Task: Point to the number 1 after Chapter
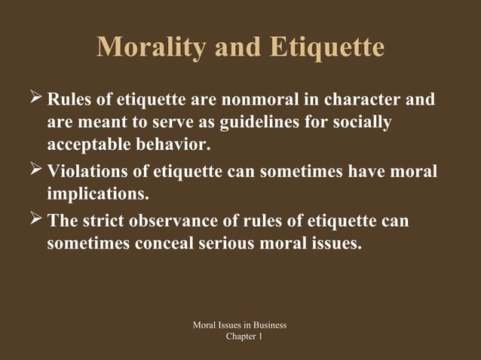pos(260,336)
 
